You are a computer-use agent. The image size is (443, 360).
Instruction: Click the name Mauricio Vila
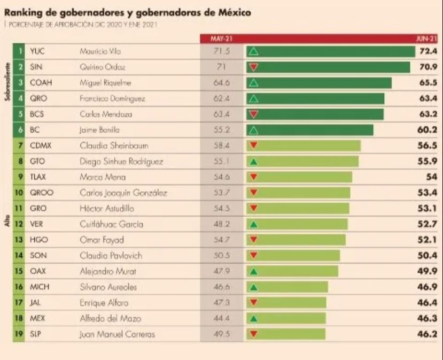click(100, 51)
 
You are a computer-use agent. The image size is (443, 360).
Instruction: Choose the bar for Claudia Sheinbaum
click(304, 145)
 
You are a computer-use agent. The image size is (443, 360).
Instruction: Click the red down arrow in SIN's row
click(254, 67)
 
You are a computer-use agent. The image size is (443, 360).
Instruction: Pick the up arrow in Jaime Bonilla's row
click(254, 130)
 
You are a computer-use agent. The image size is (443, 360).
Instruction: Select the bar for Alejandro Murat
click(292, 271)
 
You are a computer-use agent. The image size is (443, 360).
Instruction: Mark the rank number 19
click(19, 334)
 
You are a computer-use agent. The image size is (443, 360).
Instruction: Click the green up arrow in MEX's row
click(254, 319)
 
